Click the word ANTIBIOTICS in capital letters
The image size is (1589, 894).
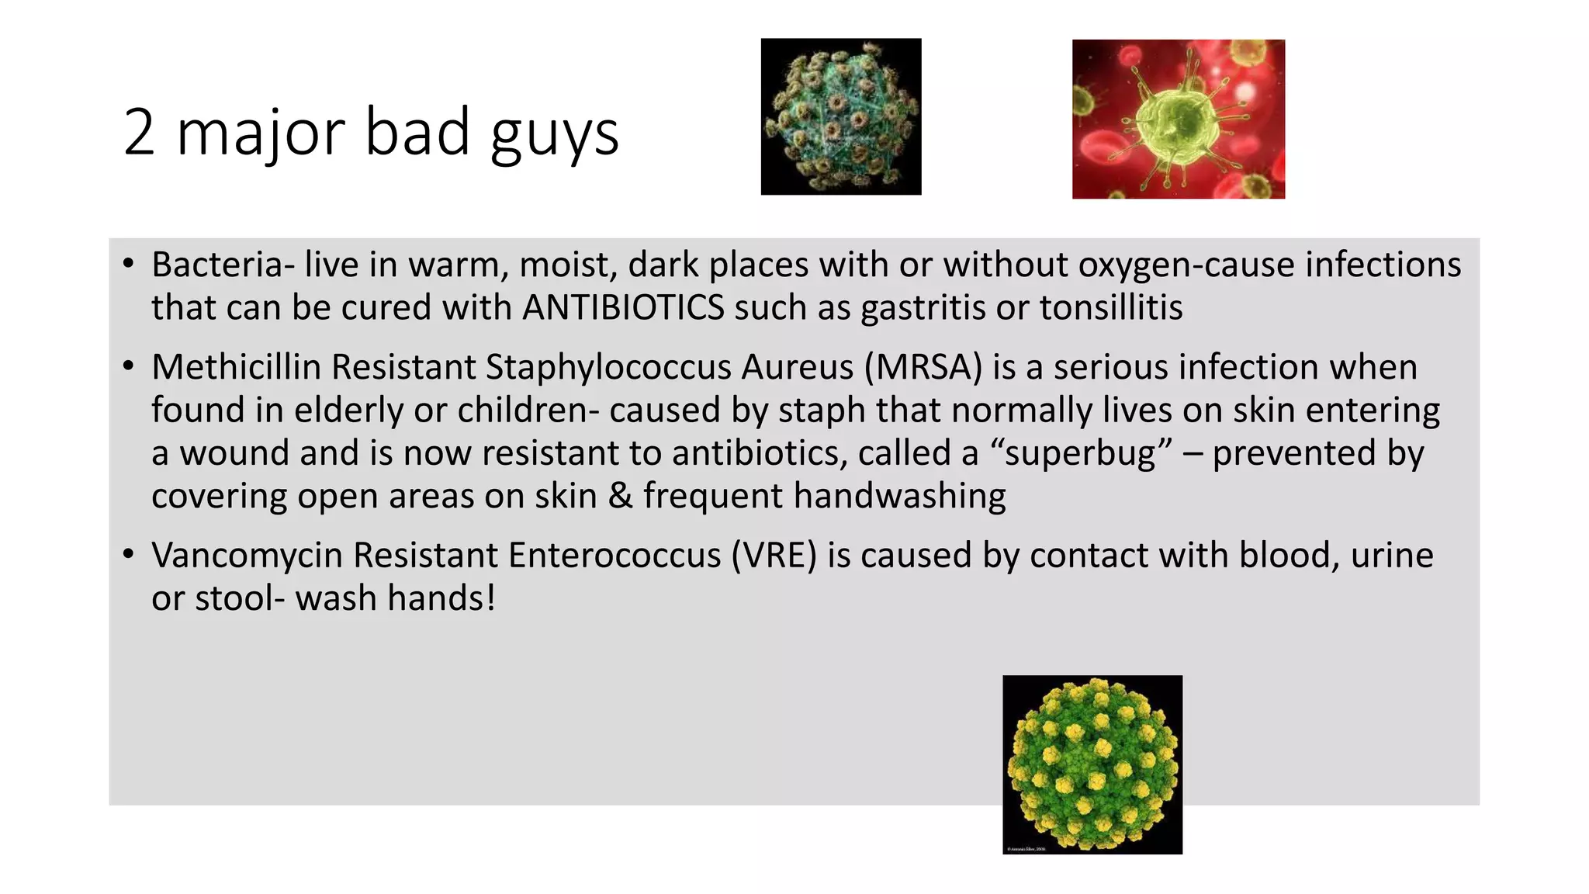tap(623, 308)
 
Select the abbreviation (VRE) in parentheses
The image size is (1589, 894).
tap(774, 556)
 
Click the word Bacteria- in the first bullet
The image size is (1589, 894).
tap(223, 265)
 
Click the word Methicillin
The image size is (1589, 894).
tap(236, 367)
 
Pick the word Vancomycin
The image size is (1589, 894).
tap(247, 556)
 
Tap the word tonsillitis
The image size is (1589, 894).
tap(1111, 308)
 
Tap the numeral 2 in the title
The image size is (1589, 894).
tap(139, 133)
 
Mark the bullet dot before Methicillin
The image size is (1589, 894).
tap(129, 366)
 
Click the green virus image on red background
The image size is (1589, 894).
tap(1178, 120)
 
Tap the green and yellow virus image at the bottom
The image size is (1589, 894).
tap(1092, 764)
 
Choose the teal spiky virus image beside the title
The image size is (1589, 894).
tap(841, 116)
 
